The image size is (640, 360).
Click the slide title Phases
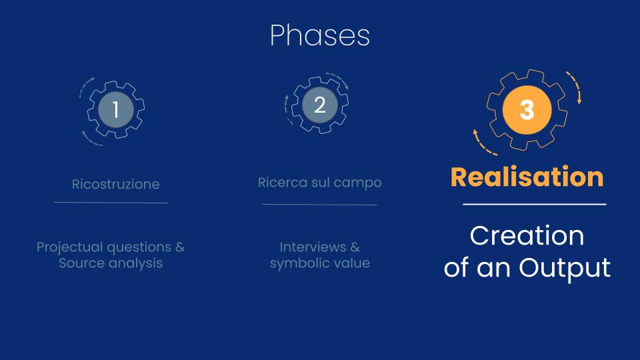coord(320,35)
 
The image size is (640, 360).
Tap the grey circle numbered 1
coord(116,109)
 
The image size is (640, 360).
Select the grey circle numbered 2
coord(320,105)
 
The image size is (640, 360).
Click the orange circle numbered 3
coord(527,110)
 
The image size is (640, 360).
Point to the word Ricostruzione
coord(115,184)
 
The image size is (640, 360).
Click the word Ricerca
coord(283,182)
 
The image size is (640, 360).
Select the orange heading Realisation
coord(527,177)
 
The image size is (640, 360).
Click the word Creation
coord(527,235)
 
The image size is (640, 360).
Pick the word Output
coord(565,268)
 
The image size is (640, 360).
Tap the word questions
coord(139,247)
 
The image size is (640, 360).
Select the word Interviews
coord(313,247)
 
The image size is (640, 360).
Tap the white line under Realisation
coord(535,204)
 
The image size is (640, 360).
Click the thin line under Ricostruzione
coord(111,203)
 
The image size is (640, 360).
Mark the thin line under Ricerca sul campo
coord(319,205)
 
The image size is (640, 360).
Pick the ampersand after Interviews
coord(355,247)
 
